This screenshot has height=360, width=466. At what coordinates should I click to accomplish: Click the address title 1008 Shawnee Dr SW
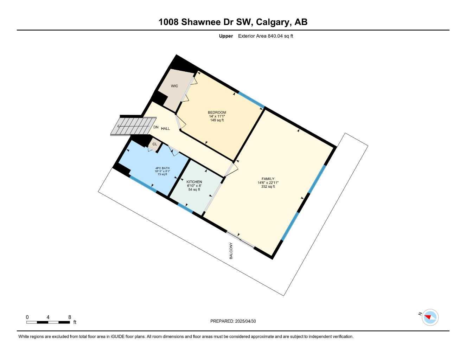point(233,22)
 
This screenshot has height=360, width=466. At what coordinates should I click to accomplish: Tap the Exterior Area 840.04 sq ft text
point(266,36)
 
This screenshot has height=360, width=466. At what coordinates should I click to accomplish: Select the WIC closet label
point(174,86)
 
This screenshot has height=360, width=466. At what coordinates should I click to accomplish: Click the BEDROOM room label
point(217,112)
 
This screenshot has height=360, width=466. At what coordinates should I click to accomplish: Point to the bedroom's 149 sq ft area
point(217,120)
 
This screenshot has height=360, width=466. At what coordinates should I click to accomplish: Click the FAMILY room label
point(268,179)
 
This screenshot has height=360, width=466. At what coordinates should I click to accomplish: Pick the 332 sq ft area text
point(268,187)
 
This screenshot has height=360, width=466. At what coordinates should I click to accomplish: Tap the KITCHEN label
point(194,182)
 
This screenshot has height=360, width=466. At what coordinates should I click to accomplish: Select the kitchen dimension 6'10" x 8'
point(194,186)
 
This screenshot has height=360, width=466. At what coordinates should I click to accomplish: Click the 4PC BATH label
point(162,168)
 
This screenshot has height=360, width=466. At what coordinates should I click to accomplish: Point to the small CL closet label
point(155,144)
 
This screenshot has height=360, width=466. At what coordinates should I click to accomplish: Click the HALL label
point(165,129)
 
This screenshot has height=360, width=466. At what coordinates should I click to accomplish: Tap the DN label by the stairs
point(156,127)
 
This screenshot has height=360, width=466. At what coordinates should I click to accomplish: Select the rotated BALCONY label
point(231,251)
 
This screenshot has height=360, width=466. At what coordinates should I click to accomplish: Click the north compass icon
point(430,317)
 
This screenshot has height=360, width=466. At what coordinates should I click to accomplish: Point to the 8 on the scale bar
point(70,317)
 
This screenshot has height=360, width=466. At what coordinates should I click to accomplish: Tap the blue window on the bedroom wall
point(251,99)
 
